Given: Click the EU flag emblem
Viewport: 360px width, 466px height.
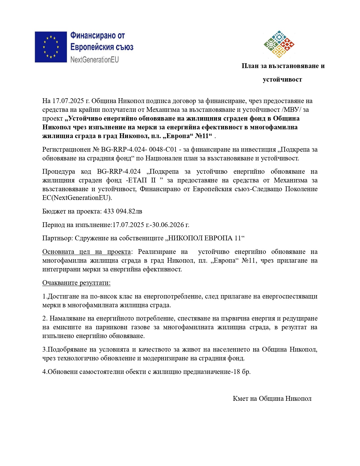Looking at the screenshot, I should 51,47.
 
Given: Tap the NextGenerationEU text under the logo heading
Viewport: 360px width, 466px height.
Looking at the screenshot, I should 94,60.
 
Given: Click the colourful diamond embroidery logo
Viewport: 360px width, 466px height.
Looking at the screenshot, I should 279,44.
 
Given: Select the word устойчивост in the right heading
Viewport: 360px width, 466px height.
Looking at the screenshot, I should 282,80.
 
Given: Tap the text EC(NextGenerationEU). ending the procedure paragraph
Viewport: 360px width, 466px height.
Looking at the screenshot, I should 77,198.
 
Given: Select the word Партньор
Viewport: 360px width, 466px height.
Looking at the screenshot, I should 58,238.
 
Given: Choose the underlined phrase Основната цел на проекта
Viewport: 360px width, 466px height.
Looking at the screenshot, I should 86,252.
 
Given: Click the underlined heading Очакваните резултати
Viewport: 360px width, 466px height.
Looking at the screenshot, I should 76,283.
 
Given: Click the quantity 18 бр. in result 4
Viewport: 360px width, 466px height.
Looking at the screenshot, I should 242,372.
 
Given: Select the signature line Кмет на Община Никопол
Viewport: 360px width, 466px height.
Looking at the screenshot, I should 272,399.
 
